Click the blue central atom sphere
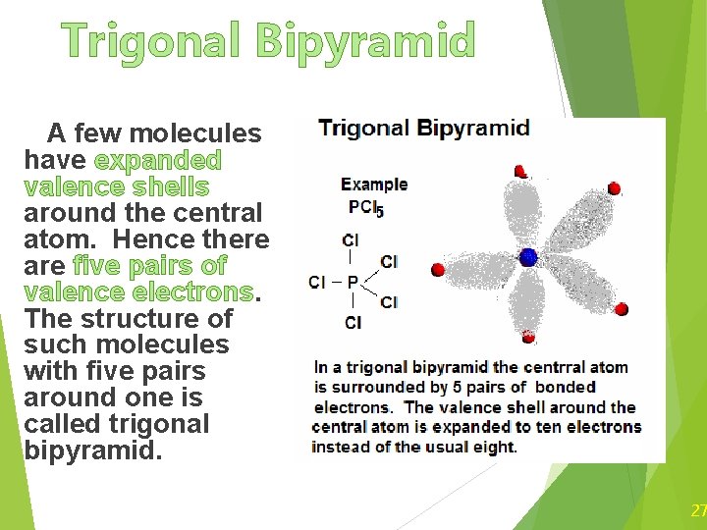coord(528,258)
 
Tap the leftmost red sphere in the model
coord(438,269)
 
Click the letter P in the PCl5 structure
coord(352,283)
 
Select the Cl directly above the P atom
coord(351,239)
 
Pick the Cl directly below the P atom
coord(353,323)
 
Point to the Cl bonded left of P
coord(317,283)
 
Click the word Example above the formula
coord(374,184)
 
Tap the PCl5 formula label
coord(365,207)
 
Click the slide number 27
coord(698,510)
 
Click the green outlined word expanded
coord(157,160)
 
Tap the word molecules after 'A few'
coord(195,133)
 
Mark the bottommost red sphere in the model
coord(528,337)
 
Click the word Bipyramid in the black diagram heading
coord(473,129)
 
